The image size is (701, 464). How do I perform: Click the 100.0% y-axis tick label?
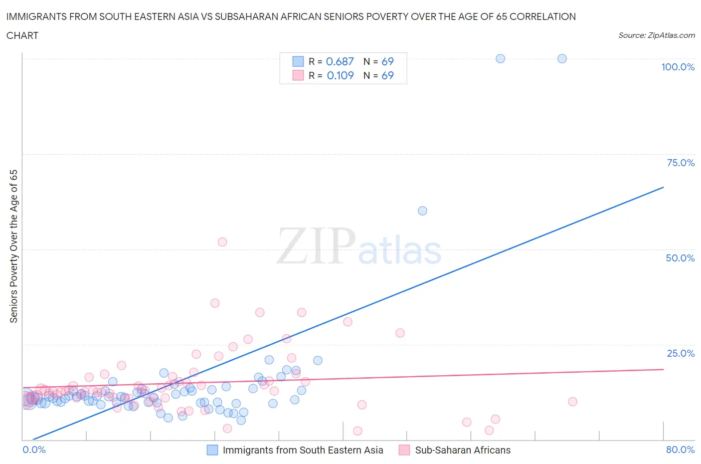click(678, 67)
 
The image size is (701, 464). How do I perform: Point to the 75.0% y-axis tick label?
click(681, 163)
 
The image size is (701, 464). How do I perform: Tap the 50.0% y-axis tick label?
click(680, 258)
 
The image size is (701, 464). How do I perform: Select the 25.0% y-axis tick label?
click(681, 353)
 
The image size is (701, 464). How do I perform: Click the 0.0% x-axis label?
click(34, 450)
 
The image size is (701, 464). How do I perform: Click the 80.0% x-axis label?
click(680, 450)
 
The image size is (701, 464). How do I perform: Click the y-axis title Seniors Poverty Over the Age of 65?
click(13, 246)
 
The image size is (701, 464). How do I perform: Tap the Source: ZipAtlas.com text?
click(656, 35)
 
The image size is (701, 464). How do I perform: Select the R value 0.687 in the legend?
click(340, 61)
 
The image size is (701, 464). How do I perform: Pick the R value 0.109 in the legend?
click(340, 75)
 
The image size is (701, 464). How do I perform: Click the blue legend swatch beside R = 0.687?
click(298, 61)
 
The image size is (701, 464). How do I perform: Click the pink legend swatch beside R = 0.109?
click(298, 75)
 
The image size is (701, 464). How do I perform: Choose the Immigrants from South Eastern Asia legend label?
click(303, 450)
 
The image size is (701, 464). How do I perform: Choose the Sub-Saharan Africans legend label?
click(463, 450)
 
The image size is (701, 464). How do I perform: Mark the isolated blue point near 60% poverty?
click(422, 211)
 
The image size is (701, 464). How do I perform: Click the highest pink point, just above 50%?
click(222, 242)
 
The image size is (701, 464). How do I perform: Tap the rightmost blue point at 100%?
click(562, 58)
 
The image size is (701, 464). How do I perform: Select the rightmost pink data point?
click(572, 402)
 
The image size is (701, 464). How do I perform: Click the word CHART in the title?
click(22, 35)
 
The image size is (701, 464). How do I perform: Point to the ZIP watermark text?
click(316, 246)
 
